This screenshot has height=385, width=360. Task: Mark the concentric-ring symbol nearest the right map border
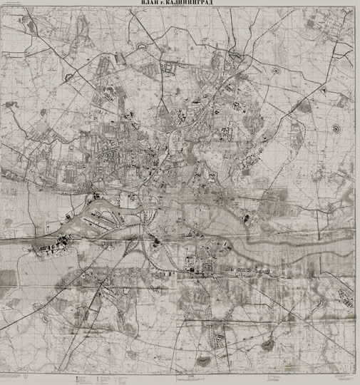pyautogui.click(x=335, y=128)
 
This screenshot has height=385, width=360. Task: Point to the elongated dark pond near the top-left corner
pyautogui.click(x=30, y=25)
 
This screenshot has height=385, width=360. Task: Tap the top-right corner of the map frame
pyautogui.click(x=354, y=9)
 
